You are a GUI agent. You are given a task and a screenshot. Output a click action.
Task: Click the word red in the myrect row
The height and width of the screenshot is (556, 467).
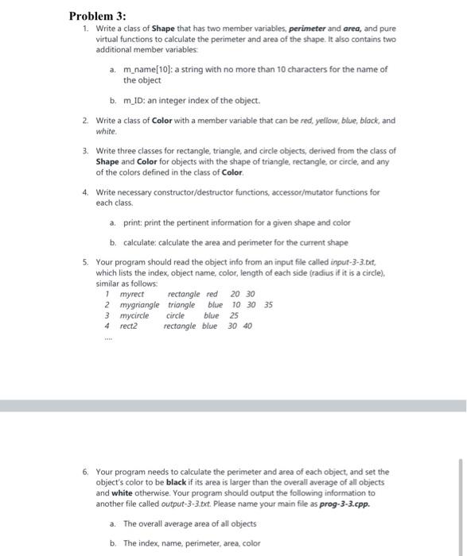(x=212, y=294)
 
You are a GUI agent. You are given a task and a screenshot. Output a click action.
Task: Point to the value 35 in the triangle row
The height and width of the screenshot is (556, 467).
(x=267, y=304)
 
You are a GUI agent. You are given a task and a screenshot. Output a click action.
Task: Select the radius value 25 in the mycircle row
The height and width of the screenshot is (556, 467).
(x=234, y=315)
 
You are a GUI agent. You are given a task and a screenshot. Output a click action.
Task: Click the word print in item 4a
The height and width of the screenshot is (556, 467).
(x=132, y=222)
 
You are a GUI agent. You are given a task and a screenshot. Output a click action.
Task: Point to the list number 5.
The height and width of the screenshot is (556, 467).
(x=85, y=262)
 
